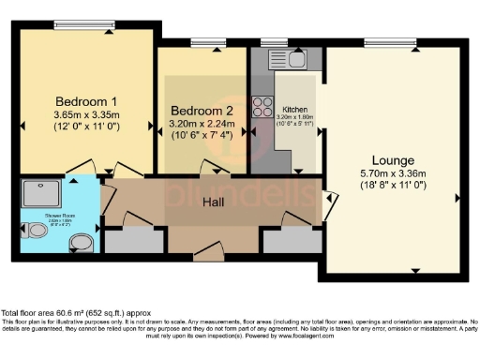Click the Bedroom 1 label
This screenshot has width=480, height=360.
tap(85, 101)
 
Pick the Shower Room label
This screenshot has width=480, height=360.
tap(38, 220)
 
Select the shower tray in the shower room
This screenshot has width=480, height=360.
tap(41, 192)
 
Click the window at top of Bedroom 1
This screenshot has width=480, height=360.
tap(88, 27)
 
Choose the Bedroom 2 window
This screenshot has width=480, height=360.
tap(202, 42)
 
